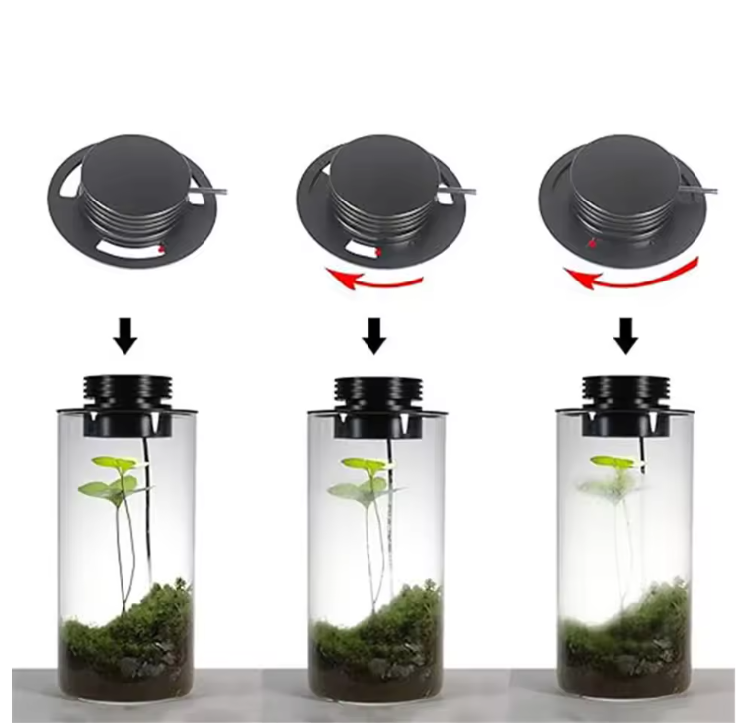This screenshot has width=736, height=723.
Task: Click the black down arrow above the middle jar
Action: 373,336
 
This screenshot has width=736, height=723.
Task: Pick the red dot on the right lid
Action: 592,241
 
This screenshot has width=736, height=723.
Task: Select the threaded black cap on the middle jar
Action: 375,390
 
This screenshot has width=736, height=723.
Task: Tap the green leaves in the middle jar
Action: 363,478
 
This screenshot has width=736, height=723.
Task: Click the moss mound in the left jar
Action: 128,622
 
